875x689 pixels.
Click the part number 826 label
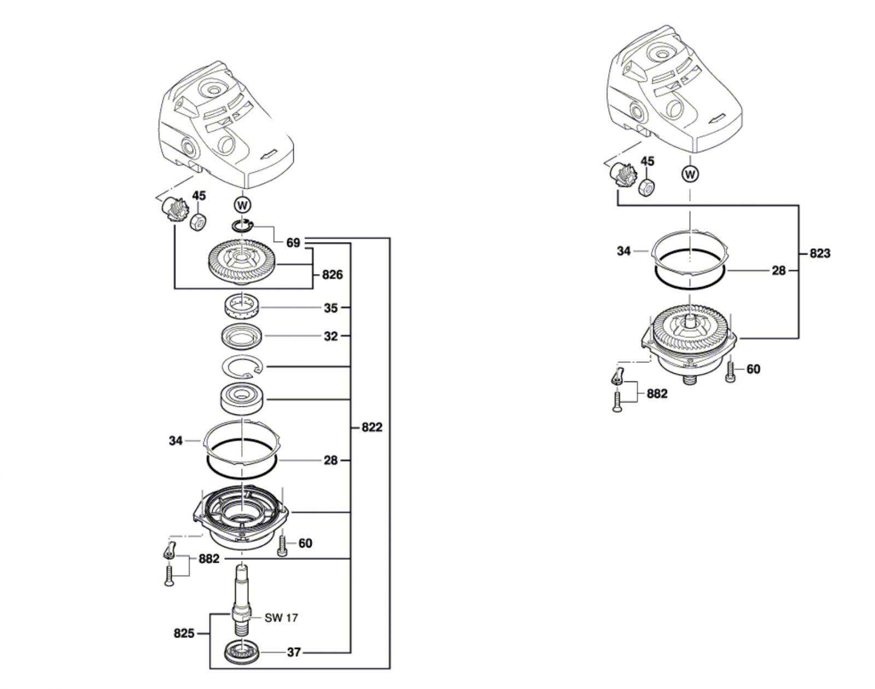332,275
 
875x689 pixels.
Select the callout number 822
372,427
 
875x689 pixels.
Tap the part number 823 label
820,253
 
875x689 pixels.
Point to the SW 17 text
281,618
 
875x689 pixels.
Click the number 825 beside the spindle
184,633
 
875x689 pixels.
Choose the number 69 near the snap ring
293,243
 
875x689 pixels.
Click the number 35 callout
330,308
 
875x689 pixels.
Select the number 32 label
330,336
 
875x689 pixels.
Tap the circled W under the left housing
243,206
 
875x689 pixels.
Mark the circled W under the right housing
690,174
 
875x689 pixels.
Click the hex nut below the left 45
198,221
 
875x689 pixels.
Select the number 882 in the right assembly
657,394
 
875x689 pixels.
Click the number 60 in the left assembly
305,543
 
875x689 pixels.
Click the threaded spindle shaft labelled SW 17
242,602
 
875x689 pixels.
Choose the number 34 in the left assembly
175,441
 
